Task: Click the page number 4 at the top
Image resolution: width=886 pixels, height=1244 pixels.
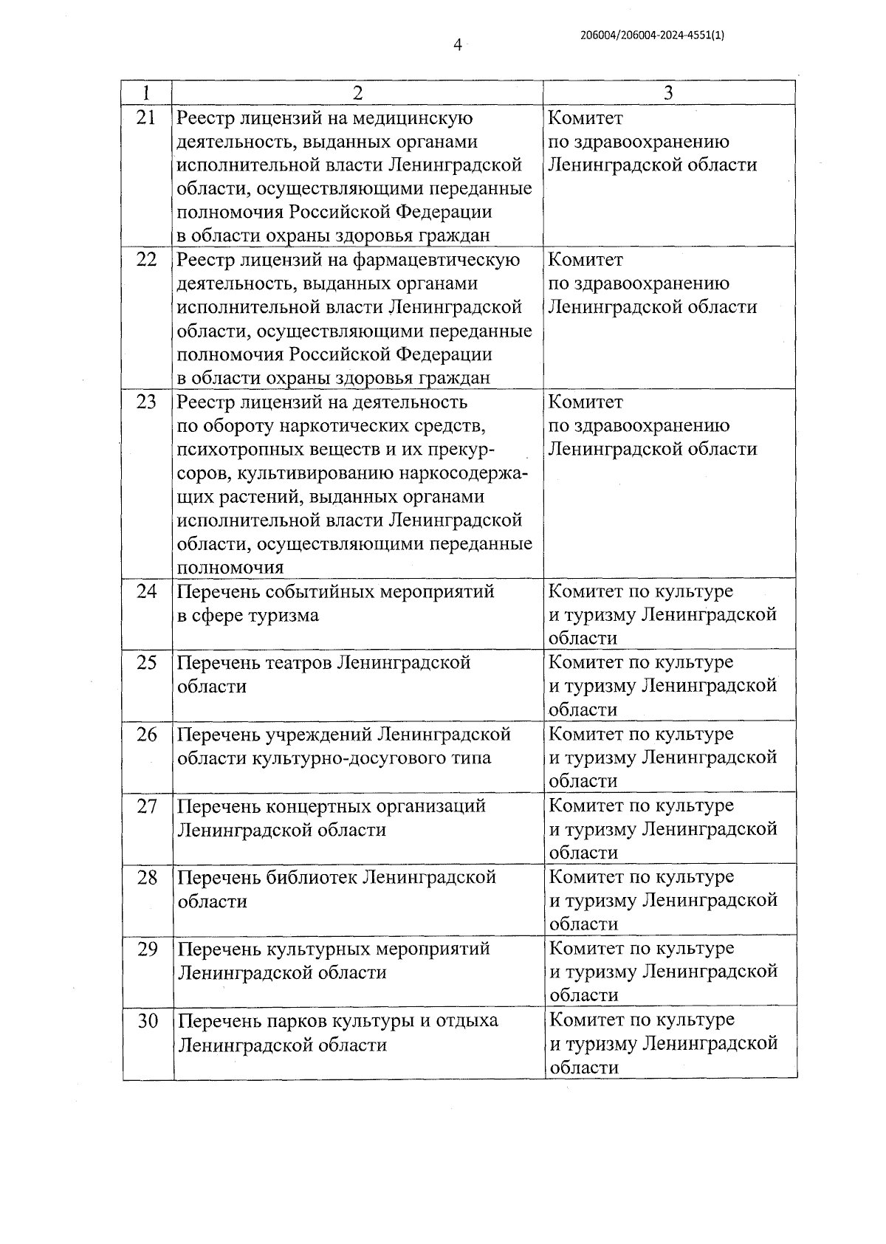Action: tap(457, 46)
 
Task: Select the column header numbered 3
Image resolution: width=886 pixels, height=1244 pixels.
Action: tap(668, 93)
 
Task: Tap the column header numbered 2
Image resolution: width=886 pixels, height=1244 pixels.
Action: tap(357, 93)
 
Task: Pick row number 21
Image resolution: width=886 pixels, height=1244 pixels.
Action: tap(147, 117)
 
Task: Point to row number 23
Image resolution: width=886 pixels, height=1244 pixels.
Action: tap(147, 402)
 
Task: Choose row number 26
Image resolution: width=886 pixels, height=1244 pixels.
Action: tap(148, 734)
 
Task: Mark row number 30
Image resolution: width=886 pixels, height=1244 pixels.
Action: tap(148, 1020)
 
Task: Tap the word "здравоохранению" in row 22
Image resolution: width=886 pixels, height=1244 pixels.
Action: tap(650, 283)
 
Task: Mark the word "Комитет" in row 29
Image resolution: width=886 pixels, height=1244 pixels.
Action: tap(587, 948)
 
